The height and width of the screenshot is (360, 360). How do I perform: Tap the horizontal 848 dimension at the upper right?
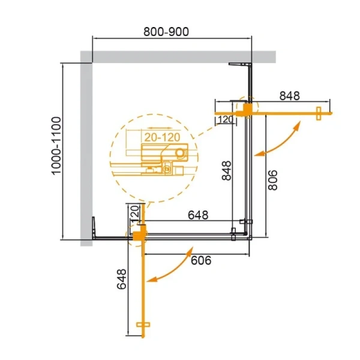(289, 95)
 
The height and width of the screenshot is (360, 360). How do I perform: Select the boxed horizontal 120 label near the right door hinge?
(225, 119)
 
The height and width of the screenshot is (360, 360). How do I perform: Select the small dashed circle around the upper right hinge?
(246, 109)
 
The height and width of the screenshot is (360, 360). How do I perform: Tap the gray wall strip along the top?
(180, 56)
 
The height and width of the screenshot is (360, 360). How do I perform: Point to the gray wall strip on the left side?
(86, 150)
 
